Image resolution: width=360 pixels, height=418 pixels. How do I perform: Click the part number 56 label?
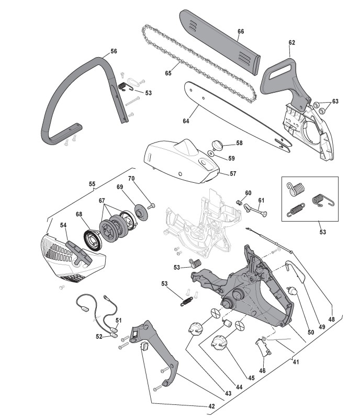point(114,52)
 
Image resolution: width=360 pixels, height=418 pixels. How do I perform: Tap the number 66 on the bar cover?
point(241,31)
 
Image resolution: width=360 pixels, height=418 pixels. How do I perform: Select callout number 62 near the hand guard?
point(291,42)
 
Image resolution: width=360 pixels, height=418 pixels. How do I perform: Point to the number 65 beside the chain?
point(168,73)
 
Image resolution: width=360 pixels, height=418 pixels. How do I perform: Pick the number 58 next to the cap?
point(239,142)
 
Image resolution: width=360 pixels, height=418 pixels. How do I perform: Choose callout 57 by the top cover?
point(233,173)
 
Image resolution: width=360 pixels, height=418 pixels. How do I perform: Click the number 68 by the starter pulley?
point(80,214)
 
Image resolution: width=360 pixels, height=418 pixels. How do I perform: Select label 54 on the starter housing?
point(63,226)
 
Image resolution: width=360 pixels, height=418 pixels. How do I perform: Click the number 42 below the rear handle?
point(211,406)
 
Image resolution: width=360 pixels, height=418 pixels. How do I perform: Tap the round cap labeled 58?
point(218,144)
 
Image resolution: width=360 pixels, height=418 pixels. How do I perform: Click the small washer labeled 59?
point(210,153)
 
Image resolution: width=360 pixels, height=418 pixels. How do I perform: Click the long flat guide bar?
point(235,115)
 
